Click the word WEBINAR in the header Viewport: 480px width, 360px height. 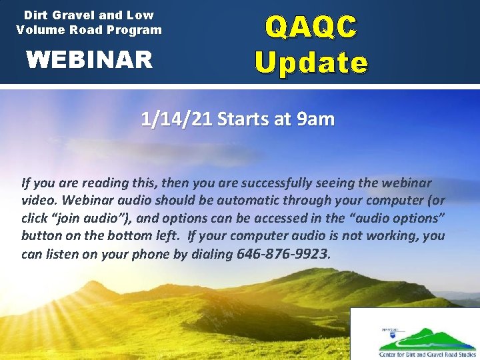coord(89,60)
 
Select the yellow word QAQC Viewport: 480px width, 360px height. coord(311,27)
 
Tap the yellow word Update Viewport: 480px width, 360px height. coord(311,63)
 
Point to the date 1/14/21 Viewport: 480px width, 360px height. coord(176,119)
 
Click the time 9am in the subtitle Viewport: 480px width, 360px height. coord(315,119)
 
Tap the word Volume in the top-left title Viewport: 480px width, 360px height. coord(39,29)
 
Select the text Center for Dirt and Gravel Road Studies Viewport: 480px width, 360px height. coord(423,354)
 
